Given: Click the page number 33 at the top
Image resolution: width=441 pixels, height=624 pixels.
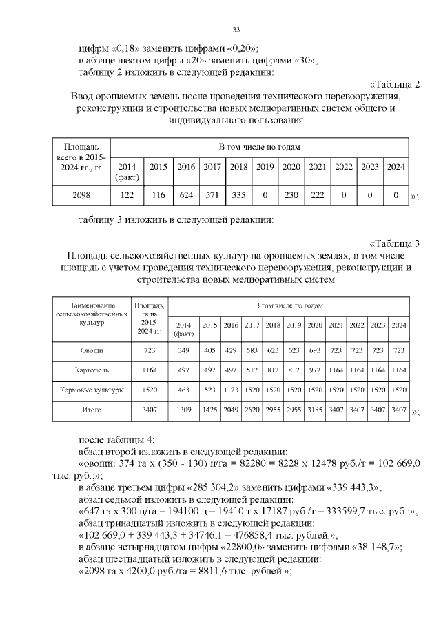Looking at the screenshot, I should coord(236,30).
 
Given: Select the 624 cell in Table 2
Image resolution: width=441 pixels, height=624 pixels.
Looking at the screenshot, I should coord(186,195).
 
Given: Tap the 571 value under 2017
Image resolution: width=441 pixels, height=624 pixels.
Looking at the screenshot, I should coord(212,195).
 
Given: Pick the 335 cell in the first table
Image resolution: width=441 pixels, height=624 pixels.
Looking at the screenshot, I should coord(238,195).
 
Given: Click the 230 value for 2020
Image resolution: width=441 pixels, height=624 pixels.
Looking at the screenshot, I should coord(291,195).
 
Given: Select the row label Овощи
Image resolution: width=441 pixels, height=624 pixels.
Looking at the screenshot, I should coord(92,351).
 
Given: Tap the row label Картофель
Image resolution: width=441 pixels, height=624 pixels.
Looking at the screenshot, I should coord(92,370).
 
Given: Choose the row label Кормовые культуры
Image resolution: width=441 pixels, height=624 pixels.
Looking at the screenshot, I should coord(92,390).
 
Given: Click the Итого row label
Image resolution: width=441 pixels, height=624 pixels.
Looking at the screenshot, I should coord(92,410).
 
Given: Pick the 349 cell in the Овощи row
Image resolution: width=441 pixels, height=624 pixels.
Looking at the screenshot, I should coord(184,351).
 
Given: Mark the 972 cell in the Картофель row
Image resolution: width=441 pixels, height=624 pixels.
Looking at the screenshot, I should coord(315,370).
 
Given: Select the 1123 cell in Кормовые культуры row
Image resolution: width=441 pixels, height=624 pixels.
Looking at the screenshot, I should coord(231,390).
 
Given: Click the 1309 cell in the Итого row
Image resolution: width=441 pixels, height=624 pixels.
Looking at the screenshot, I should coord(184,410).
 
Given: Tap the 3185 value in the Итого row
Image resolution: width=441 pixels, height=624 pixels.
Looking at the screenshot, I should coord(315,410).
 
